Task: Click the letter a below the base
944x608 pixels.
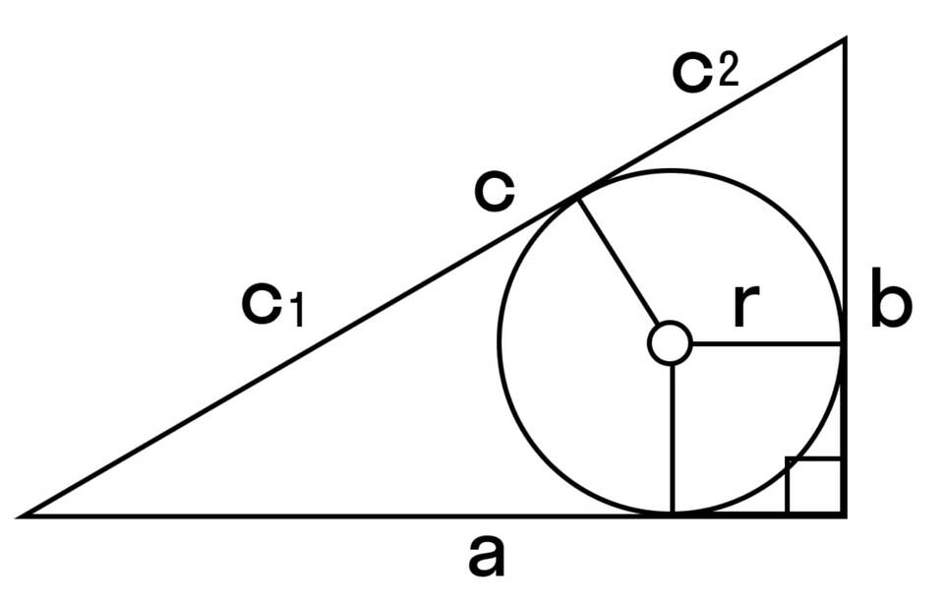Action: (486, 558)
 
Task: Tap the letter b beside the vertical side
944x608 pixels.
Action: (891, 306)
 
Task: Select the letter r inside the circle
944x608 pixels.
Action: (746, 309)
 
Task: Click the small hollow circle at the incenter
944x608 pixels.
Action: (671, 343)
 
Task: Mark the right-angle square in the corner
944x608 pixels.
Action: (814, 485)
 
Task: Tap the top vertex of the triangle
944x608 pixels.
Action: (844, 39)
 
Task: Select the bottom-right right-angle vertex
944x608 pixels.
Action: (844, 514)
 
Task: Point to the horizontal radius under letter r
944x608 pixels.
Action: (767, 343)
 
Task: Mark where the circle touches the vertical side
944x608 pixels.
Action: (843, 343)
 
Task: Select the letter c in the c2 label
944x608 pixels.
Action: (693, 71)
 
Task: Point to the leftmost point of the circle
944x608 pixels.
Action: (500, 343)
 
